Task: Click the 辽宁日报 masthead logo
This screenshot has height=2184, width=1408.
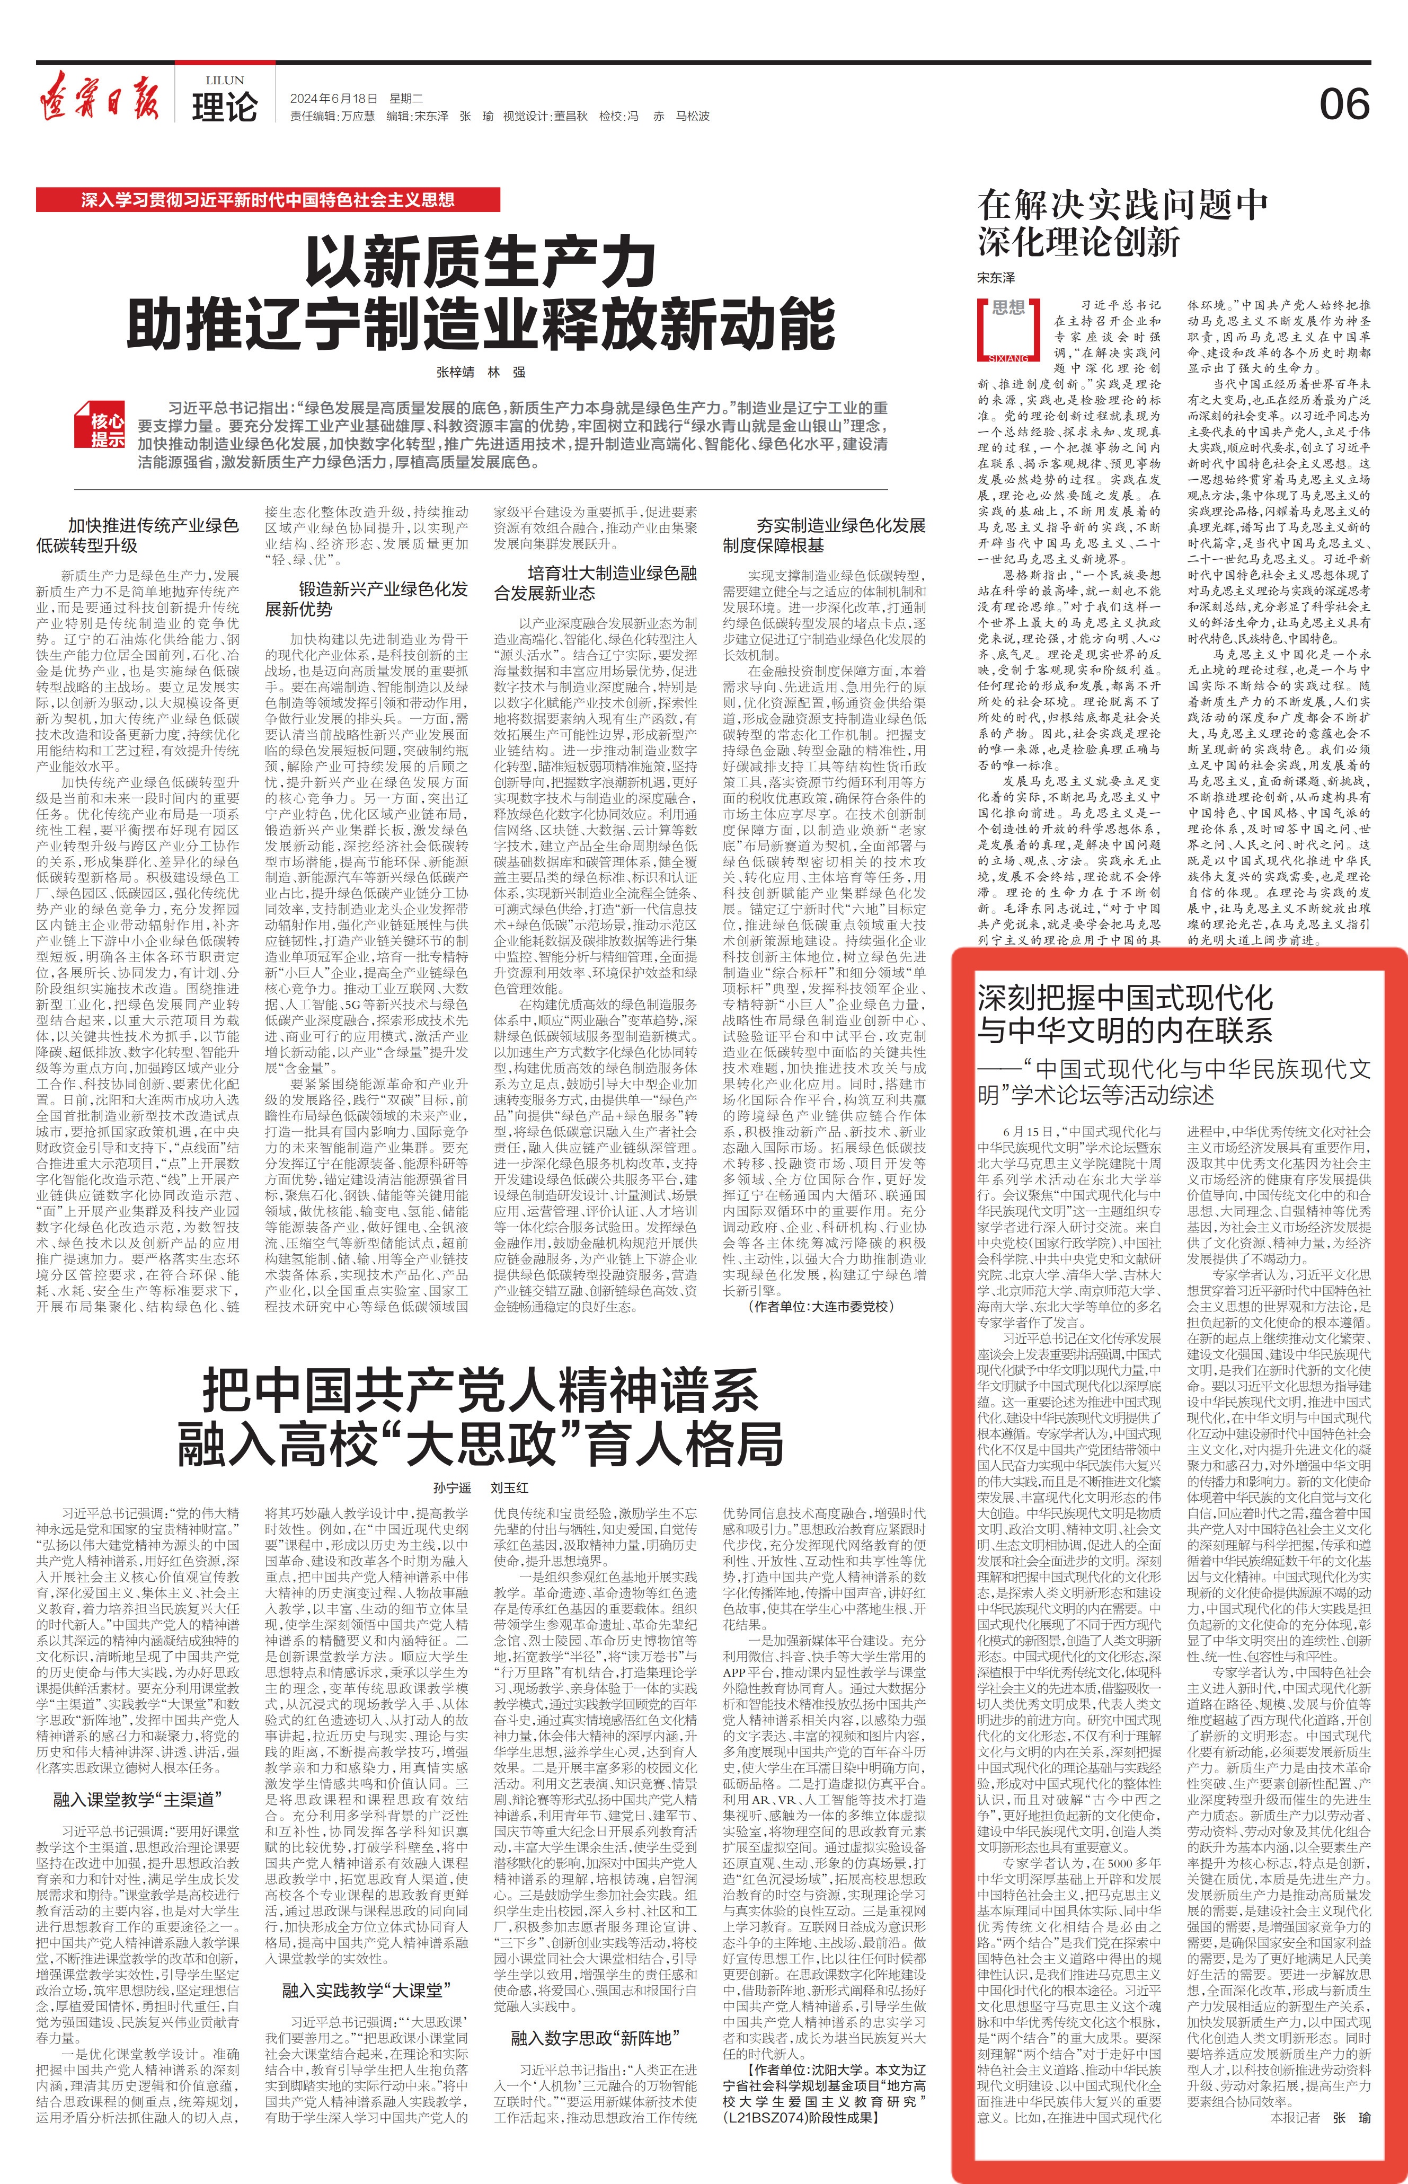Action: (x=98, y=96)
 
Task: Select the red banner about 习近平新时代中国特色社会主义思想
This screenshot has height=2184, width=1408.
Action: (x=268, y=199)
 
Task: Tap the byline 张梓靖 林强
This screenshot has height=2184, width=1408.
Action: (x=480, y=372)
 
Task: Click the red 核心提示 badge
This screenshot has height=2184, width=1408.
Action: (x=106, y=428)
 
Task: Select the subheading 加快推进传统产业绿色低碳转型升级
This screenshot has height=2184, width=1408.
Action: (x=137, y=535)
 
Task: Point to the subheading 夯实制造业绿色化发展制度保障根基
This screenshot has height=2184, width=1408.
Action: (x=824, y=535)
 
